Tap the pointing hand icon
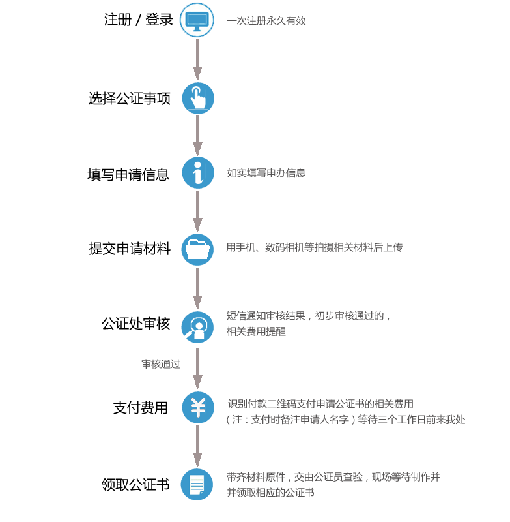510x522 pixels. tap(197, 98)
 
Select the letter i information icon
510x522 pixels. tap(197, 173)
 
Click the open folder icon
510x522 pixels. tap(197, 249)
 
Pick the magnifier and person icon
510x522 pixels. tap(197, 327)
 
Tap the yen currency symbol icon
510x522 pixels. tap(197, 408)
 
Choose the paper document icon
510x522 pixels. tap(197, 484)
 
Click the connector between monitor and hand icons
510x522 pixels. tap(197, 59)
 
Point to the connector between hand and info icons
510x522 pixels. tap(197, 135)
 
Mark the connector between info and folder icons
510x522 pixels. tap(197, 211)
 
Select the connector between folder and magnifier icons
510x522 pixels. tap(197, 288)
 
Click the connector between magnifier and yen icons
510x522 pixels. tap(197, 367)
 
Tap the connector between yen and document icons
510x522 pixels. tap(197, 446)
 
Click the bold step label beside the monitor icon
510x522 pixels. tap(138, 20)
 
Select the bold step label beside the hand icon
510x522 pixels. tap(130, 98)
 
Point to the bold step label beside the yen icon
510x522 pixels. tap(140, 408)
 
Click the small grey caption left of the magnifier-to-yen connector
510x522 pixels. tap(161, 363)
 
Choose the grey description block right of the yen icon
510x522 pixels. tap(345, 412)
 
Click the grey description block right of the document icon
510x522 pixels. tap(332, 484)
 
